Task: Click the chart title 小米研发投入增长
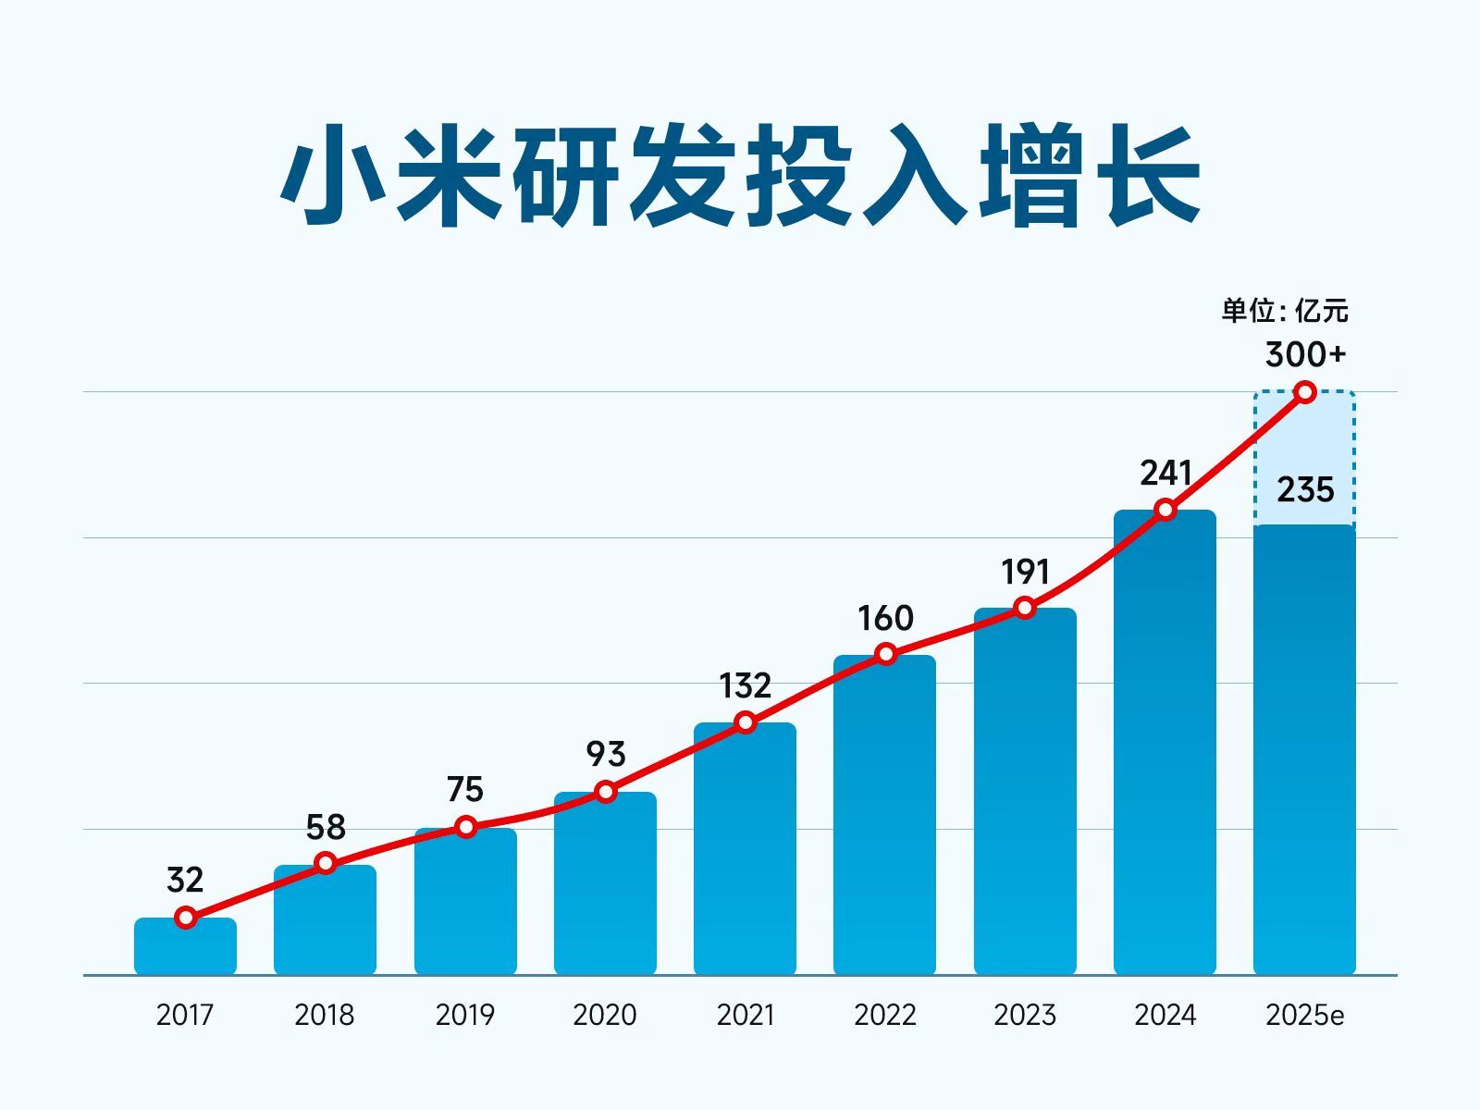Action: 740,176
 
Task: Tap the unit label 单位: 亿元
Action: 1284,311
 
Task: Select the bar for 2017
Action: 185,948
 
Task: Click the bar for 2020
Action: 605,888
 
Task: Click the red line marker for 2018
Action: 326,863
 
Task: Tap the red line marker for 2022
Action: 885,654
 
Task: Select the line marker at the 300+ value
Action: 1305,392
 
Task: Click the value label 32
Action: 185,880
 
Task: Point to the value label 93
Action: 606,755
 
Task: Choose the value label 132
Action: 745,686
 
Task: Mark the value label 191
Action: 1025,573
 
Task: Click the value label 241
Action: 1165,474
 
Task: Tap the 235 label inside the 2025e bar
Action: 1305,489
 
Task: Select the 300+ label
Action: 1305,354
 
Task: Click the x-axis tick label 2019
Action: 465,1015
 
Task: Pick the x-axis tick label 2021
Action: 745,1015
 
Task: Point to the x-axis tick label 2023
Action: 1025,1015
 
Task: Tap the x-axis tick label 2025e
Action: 1304,1015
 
